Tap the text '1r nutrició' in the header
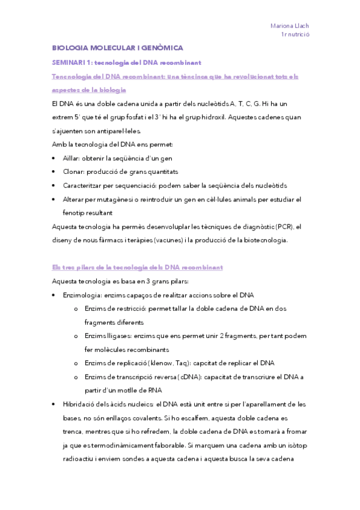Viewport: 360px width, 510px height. pyautogui.click(x=294, y=35)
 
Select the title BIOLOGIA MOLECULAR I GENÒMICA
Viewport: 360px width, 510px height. pyautogui.click(x=118, y=48)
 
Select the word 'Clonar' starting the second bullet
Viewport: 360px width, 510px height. pyautogui.click(x=74, y=171)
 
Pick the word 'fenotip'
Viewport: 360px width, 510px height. pyautogui.click(x=74, y=212)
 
